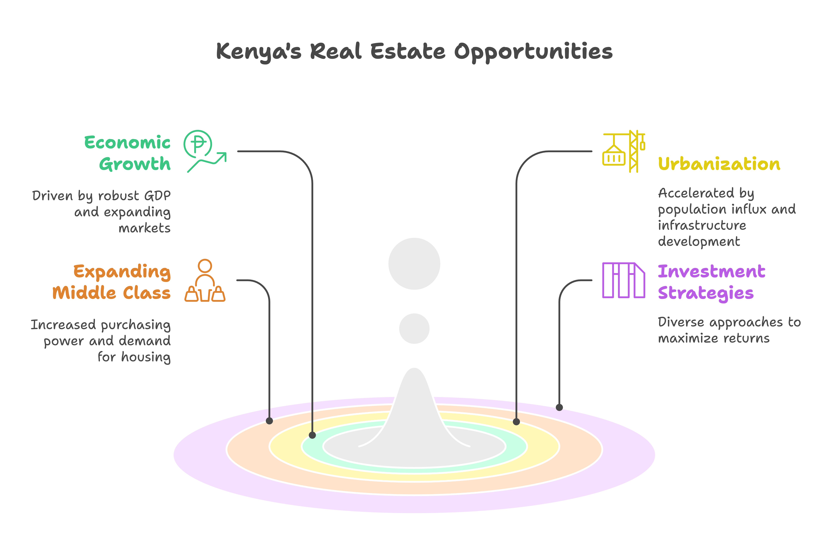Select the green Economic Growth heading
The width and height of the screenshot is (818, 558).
127,153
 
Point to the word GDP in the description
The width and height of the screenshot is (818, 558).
157,195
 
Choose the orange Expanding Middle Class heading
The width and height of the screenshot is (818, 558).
112,282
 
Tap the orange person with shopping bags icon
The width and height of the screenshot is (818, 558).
205,281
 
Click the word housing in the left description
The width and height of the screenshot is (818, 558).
146,357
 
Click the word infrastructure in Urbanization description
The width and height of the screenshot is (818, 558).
702,225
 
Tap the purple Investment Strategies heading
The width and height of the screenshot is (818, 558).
711,282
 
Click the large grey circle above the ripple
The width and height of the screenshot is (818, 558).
414,264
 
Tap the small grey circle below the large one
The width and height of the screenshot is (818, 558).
414,328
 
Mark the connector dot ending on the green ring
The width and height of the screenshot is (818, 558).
312,435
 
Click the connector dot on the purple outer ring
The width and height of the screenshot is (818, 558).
559,407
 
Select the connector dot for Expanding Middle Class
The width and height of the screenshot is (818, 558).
269,421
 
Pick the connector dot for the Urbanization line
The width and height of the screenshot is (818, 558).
516,422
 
